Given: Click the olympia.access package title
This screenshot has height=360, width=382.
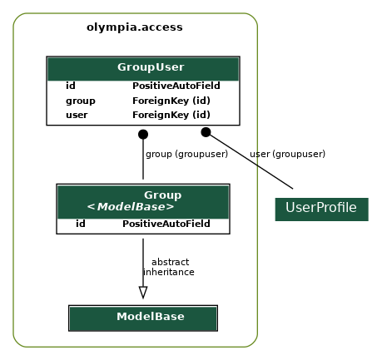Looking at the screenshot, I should (134, 27).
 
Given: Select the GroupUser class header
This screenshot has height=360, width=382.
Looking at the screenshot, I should (151, 67).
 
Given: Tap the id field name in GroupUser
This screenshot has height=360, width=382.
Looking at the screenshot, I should (71, 86).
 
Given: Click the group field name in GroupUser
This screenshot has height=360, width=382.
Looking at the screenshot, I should (80, 101).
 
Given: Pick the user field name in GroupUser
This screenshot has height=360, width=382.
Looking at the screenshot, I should (77, 115).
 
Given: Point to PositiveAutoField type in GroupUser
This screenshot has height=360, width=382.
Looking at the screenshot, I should (176, 86).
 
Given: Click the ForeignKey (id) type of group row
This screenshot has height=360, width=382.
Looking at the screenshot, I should (171, 101).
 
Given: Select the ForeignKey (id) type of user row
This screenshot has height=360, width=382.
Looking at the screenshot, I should (171, 115).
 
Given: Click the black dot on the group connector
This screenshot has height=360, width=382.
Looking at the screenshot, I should (143, 134).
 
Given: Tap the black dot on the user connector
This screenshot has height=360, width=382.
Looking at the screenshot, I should (206, 132).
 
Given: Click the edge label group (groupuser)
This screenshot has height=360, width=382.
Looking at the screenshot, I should (186, 154).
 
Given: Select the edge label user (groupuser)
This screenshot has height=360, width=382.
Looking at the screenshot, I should (287, 154).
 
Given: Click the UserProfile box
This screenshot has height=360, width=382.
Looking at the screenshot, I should (321, 208).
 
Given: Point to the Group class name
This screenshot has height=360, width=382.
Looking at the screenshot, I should (162, 195).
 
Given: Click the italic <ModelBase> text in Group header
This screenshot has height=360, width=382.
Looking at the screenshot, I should (131, 207).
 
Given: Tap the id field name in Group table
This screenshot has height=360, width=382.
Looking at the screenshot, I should (81, 224).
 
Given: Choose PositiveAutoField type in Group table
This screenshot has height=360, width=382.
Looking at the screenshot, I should (166, 224).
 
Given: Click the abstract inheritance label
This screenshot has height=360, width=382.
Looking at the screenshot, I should (169, 267).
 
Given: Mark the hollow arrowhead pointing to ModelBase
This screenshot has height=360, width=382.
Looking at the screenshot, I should (143, 292).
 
